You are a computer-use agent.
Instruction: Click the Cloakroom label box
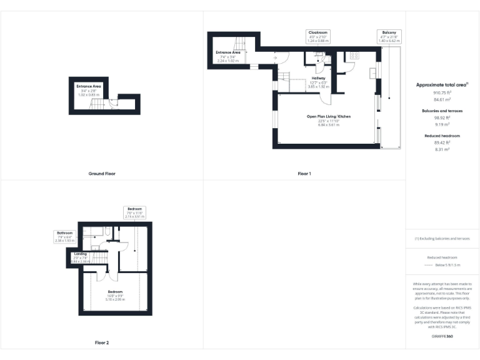coord(317,36)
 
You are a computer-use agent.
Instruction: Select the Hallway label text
coord(319,79)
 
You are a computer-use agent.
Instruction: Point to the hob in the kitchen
coord(352,55)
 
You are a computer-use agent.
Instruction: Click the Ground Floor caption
coord(101,173)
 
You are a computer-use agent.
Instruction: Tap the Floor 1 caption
coord(304,173)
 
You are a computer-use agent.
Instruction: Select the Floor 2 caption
coord(101,342)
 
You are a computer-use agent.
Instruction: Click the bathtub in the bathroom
coord(96,232)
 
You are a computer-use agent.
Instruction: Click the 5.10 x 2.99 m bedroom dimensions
coord(114,299)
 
